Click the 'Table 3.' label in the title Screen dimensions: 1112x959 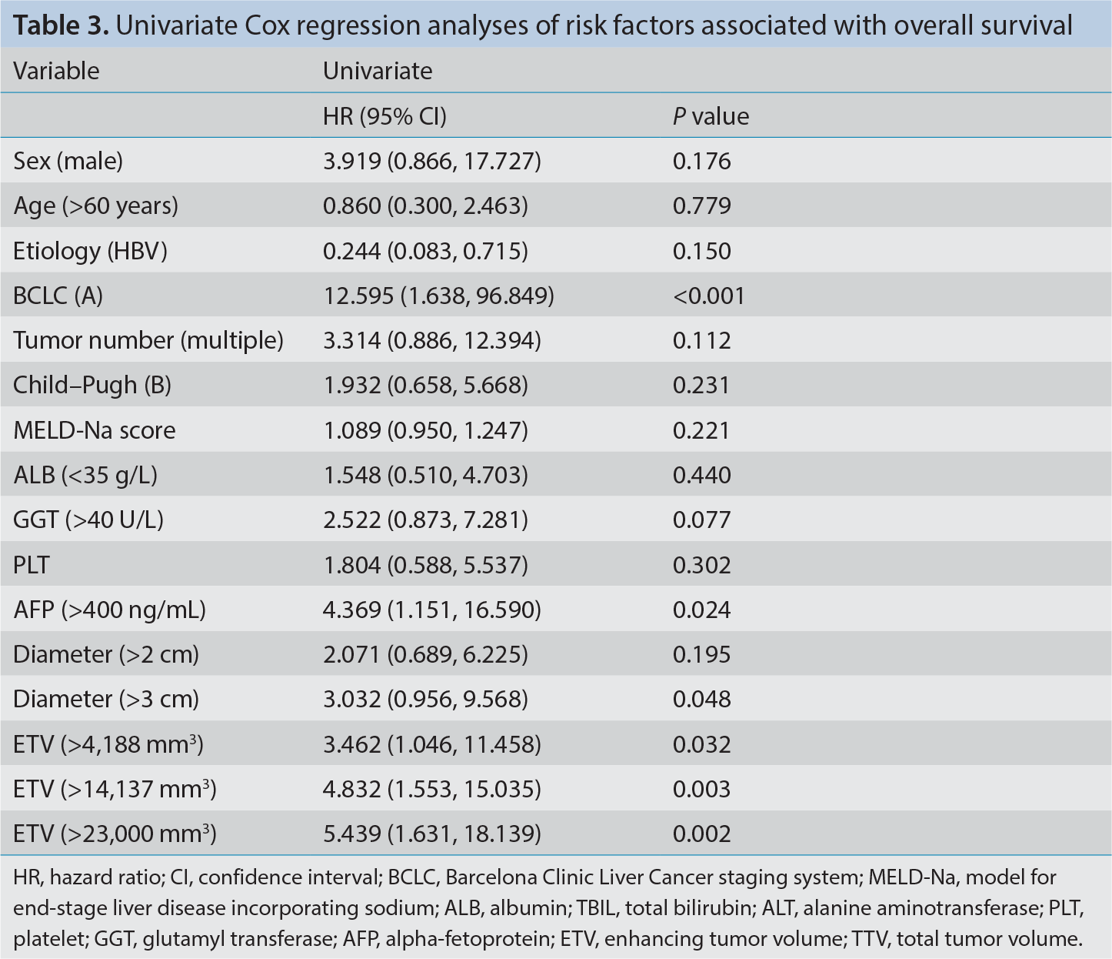(61, 25)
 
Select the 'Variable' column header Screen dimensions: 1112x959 (56, 71)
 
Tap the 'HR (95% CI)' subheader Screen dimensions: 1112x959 (385, 116)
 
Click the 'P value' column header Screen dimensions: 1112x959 (711, 116)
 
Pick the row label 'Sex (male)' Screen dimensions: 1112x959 (68, 161)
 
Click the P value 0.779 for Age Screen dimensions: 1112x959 (701, 205)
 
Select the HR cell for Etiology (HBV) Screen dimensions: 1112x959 (425, 251)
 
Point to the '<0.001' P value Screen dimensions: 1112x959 (708, 296)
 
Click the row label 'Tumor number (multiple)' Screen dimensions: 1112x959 (148, 340)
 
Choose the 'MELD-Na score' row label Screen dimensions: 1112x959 (94, 430)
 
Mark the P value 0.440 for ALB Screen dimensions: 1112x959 (701, 475)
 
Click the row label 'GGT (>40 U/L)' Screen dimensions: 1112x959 (88, 520)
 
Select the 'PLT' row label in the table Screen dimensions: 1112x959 (32, 565)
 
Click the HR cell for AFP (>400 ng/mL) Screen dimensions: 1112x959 (432, 610)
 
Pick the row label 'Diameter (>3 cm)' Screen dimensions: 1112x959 (106, 699)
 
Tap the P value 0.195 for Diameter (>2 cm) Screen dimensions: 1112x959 (701, 654)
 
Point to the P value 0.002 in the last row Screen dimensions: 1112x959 (701, 834)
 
